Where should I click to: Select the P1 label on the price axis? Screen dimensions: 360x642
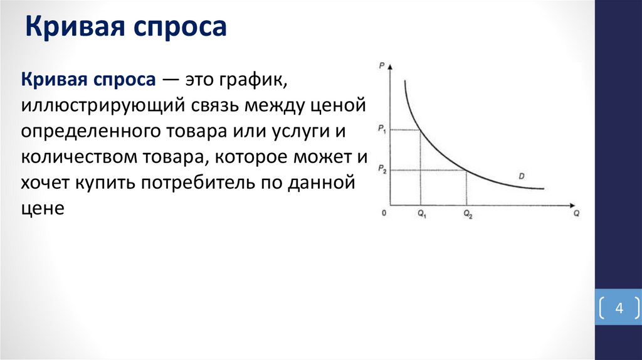tap(381, 129)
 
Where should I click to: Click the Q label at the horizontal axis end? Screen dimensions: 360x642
tap(576, 214)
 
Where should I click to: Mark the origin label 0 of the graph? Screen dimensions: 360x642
tap(384, 214)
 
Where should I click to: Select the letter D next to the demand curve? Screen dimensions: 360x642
tap(522, 176)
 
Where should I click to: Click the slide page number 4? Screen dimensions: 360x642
tap(618, 309)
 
